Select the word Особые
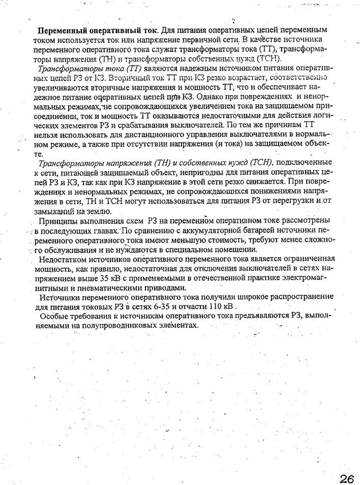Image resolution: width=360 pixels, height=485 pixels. point(53,316)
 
